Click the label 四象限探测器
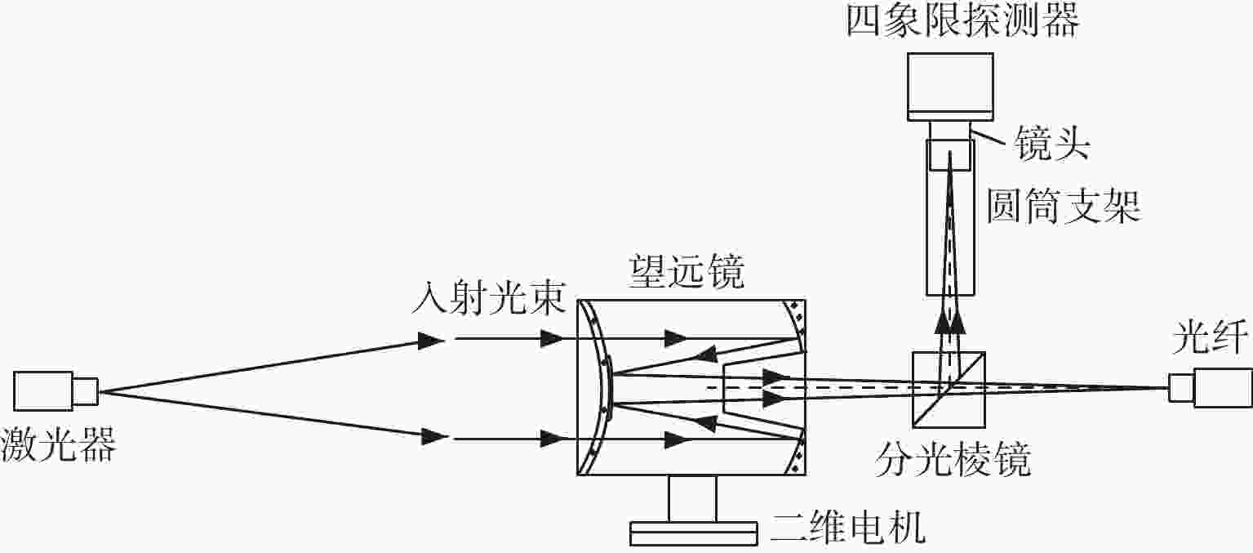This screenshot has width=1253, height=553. tap(962, 21)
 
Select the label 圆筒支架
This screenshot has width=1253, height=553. tap(1063, 206)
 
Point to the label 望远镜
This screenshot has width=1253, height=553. tap(687, 271)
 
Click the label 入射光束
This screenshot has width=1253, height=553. tap(488, 297)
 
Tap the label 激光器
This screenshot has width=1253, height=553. tap(58, 444)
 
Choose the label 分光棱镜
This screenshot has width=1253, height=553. tap(953, 460)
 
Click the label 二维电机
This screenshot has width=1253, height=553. tap(848, 527)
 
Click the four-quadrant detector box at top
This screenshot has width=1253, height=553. tap(950, 87)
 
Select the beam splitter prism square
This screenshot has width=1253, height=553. tap(949, 390)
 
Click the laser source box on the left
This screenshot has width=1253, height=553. tap(43, 390)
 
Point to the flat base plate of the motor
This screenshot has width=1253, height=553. tap(694, 533)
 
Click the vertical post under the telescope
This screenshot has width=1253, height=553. tap(692, 498)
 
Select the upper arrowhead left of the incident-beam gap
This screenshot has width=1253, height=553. tap(431, 341)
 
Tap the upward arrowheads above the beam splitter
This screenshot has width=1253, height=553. tap(950, 323)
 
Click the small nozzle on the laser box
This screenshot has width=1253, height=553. tap(87, 390)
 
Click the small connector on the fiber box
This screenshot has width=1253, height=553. tap(1181, 388)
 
